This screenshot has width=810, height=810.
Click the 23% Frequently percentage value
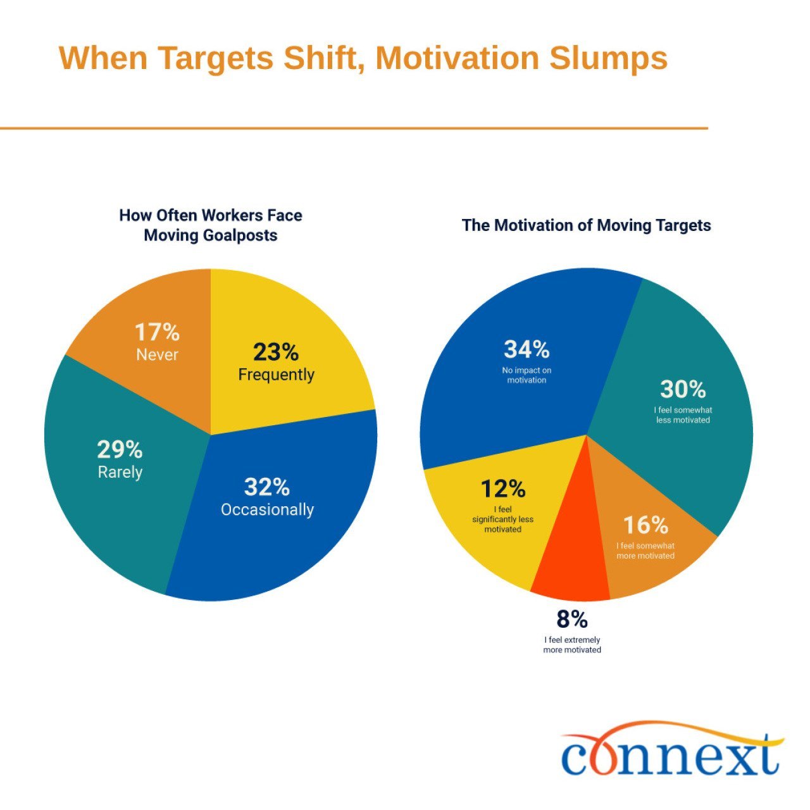coord(276,352)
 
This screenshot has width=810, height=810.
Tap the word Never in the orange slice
coord(157,354)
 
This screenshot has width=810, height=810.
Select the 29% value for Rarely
coord(120,450)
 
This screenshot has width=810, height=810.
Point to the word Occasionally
coord(267,509)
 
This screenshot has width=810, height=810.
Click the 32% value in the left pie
coord(267,487)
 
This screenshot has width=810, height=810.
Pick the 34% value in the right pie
coord(526,349)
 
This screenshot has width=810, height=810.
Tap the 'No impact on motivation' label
coord(526,375)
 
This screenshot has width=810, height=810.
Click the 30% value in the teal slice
coord(683,389)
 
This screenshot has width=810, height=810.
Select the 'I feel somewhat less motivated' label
coord(683,415)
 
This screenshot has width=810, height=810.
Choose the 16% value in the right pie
coord(645,525)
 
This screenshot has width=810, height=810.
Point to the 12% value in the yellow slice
coord(503,489)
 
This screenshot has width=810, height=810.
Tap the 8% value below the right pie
coord(572,618)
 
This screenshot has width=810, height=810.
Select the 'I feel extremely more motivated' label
coord(572,645)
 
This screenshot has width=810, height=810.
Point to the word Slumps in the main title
coord(608,58)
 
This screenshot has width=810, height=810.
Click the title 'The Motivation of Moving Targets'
coord(586,225)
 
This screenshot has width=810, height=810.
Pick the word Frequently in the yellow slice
coord(276,375)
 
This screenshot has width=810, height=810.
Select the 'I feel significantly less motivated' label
coord(503,520)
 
